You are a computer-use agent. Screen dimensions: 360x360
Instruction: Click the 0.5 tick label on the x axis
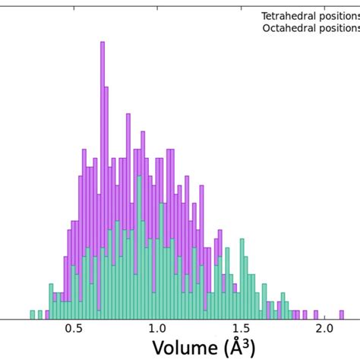click(73, 329)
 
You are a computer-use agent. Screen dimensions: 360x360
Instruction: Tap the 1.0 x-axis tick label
click(156, 329)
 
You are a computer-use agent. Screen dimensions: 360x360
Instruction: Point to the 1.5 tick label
click(240, 329)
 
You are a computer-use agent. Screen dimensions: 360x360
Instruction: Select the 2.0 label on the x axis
click(324, 329)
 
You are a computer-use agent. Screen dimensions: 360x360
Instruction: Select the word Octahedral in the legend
click(287, 29)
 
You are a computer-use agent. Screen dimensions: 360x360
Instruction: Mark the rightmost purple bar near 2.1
click(340, 314)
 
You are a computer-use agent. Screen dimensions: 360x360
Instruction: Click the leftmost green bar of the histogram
click(32, 314)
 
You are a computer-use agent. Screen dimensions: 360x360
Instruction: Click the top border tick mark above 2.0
click(324, 5)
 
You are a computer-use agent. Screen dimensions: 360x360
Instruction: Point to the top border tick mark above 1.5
click(240, 5)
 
